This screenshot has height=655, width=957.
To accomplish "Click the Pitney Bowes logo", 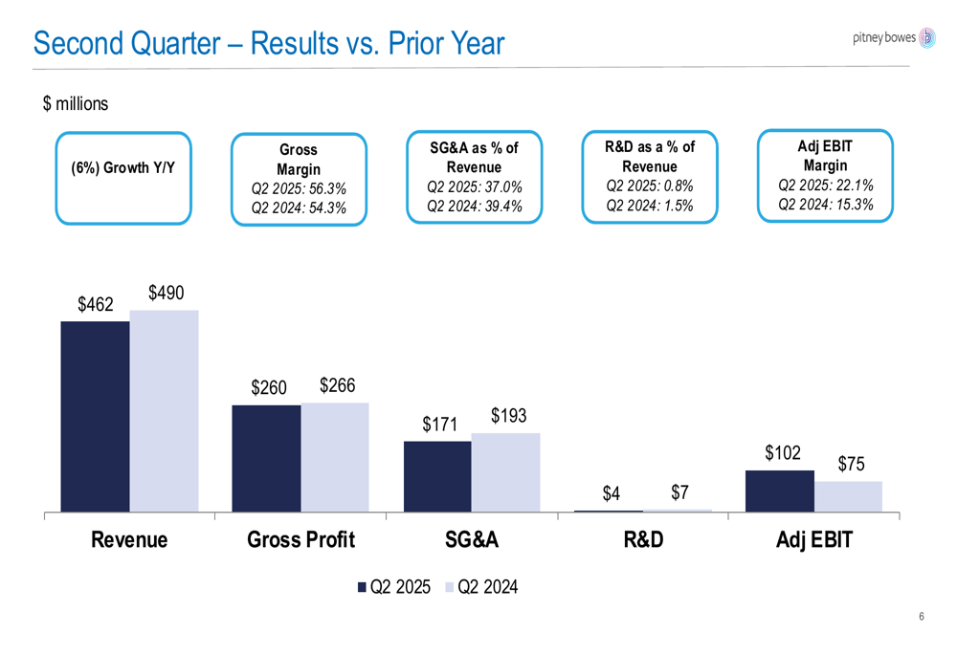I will point(893,37).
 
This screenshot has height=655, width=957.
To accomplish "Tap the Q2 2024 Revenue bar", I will point(164,411).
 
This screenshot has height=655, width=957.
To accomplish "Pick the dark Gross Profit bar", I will point(266,458).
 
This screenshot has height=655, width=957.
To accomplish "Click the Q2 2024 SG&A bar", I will point(505,472).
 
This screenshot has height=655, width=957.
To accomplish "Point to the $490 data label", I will point(166,294).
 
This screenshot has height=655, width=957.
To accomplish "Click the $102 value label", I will point(783,453).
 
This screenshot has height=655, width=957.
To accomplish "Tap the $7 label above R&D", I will point(679,492).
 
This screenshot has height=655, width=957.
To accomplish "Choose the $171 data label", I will point(439,424).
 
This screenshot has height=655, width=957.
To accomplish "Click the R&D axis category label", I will point(643,540).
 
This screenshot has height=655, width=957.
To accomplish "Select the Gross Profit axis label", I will point(300,540).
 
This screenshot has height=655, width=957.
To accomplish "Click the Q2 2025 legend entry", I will point(394,587).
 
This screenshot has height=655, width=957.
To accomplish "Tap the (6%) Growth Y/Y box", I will point(123,178).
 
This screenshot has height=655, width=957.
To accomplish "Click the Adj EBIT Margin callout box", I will point(825,176).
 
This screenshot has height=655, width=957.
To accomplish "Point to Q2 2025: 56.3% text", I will point(299,188).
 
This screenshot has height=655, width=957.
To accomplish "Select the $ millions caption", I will point(76,104).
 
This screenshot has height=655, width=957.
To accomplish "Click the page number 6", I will point(921,617).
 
